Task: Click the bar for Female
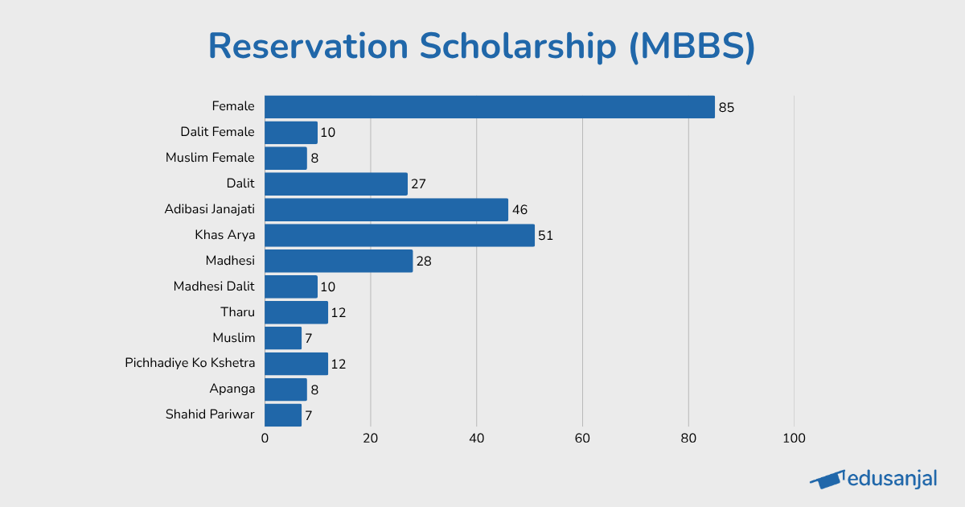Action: click(x=489, y=107)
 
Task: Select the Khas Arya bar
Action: click(x=399, y=236)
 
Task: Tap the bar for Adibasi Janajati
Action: click(x=386, y=210)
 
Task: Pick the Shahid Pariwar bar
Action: click(x=283, y=415)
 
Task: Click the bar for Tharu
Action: click(x=296, y=312)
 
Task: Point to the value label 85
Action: click(x=726, y=107)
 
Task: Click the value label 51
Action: click(x=546, y=236)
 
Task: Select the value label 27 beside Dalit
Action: click(x=418, y=184)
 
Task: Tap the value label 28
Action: click(x=424, y=262)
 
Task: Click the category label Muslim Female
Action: click(x=210, y=158)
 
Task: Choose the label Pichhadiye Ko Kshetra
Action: click(x=190, y=363)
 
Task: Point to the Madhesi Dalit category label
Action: click(x=214, y=286)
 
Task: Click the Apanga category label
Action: click(x=232, y=389)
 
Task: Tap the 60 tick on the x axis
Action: click(x=582, y=439)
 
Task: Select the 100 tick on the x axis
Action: click(x=794, y=439)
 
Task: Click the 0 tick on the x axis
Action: click(x=265, y=439)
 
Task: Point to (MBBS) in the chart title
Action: click(x=692, y=47)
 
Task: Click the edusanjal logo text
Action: click(x=893, y=479)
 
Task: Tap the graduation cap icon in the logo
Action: click(x=827, y=480)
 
